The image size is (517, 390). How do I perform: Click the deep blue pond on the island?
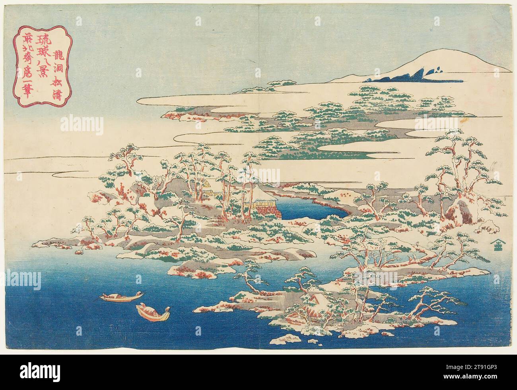click(309, 210)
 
